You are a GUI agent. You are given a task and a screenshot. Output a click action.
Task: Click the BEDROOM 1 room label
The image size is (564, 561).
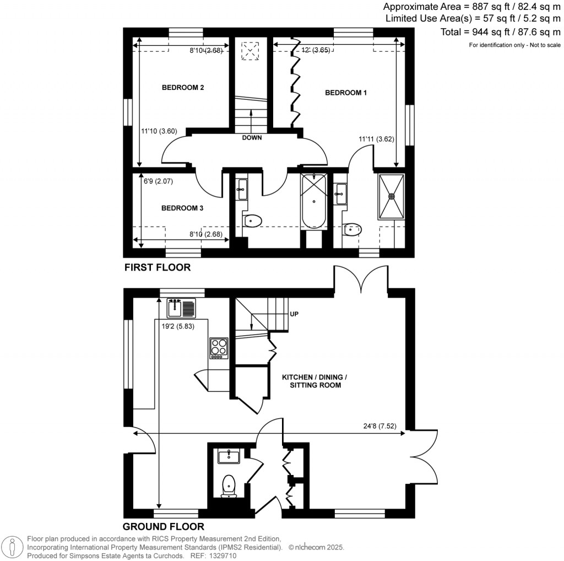click(x=346, y=93)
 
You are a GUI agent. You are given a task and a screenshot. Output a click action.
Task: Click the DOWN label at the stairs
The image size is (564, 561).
click(x=252, y=138)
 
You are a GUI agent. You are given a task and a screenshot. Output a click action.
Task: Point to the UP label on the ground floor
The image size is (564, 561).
click(x=294, y=314)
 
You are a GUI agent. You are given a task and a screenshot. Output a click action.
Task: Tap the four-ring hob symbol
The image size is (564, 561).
click(x=219, y=348)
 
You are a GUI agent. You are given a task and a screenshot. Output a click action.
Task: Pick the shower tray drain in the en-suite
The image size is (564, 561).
click(x=392, y=195)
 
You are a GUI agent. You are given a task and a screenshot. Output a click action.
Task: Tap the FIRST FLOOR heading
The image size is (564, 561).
click(x=157, y=268)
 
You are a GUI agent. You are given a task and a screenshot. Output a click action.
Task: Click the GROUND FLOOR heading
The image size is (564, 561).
click(x=163, y=526)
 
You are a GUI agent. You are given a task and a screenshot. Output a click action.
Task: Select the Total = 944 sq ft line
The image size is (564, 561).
click(x=500, y=32)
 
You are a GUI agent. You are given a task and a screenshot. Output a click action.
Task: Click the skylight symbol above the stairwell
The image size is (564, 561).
click(x=252, y=52)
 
